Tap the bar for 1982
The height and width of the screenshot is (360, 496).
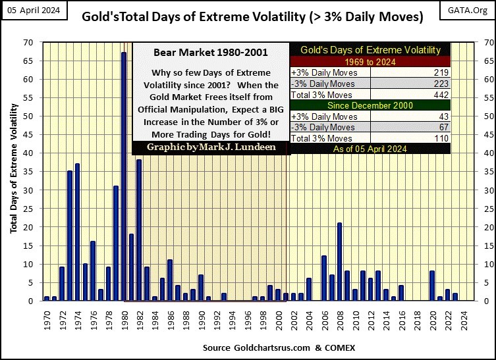[x=139, y=230]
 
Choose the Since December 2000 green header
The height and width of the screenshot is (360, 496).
[x=370, y=105]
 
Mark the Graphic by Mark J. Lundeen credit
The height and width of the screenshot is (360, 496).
[x=210, y=147]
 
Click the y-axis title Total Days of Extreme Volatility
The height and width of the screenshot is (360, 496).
[x=14, y=171]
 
